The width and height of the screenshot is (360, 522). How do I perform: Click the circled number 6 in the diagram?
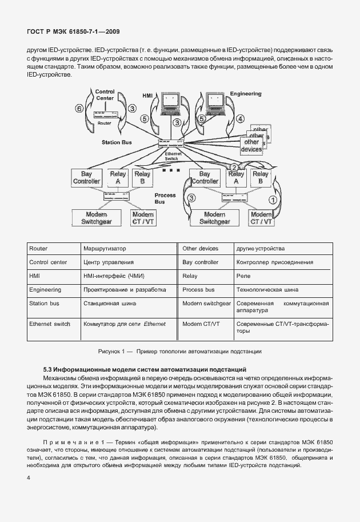pos(80,109)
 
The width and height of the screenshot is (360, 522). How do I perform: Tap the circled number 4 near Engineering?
pos(240,118)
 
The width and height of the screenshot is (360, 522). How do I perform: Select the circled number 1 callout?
pos(273,200)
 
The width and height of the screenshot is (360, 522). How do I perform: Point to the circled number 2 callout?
pos(233,167)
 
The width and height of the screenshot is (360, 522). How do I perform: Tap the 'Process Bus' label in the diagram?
pos(165,198)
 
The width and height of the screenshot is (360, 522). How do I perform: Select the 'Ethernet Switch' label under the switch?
pos(171,156)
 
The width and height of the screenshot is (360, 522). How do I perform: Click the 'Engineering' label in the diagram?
pos(245,94)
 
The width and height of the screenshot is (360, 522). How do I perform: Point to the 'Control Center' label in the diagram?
pos(105,94)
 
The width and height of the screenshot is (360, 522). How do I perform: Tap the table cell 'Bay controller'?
pos(200,262)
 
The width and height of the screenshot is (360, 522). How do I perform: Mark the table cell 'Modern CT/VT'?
pos(201,324)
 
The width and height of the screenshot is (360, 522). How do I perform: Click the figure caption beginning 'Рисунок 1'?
pos(180,350)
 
